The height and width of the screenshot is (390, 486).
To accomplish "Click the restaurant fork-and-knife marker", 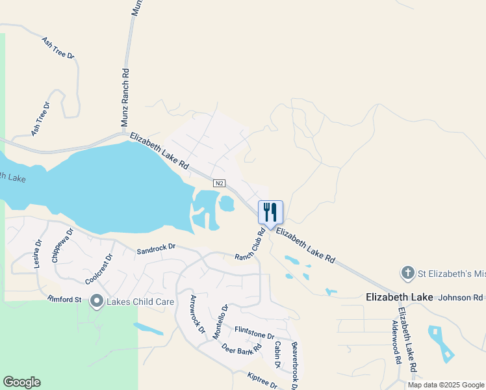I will (271, 213).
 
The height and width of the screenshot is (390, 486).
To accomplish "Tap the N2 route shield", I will (220, 184).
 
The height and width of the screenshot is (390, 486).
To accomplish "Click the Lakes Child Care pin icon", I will (97, 300).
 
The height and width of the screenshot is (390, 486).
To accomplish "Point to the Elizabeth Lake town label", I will (399, 297).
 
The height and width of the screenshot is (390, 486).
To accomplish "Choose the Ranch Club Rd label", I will (249, 244).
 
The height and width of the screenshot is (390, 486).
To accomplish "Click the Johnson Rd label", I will (462, 298).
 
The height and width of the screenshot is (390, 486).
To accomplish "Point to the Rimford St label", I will (64, 300).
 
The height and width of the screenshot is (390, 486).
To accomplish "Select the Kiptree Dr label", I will (262, 380).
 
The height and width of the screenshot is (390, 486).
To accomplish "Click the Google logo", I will (21, 382).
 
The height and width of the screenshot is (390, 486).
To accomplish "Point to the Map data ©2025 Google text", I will (445, 385).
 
